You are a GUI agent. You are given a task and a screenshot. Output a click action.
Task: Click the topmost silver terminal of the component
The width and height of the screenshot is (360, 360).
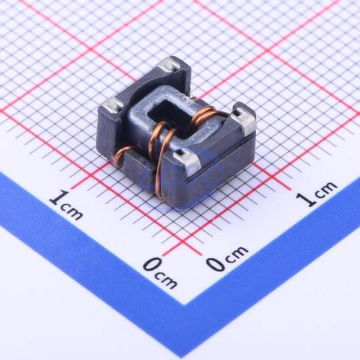(x=169, y=64)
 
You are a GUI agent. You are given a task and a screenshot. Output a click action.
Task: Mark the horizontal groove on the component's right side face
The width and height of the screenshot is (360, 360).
(x=221, y=159)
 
